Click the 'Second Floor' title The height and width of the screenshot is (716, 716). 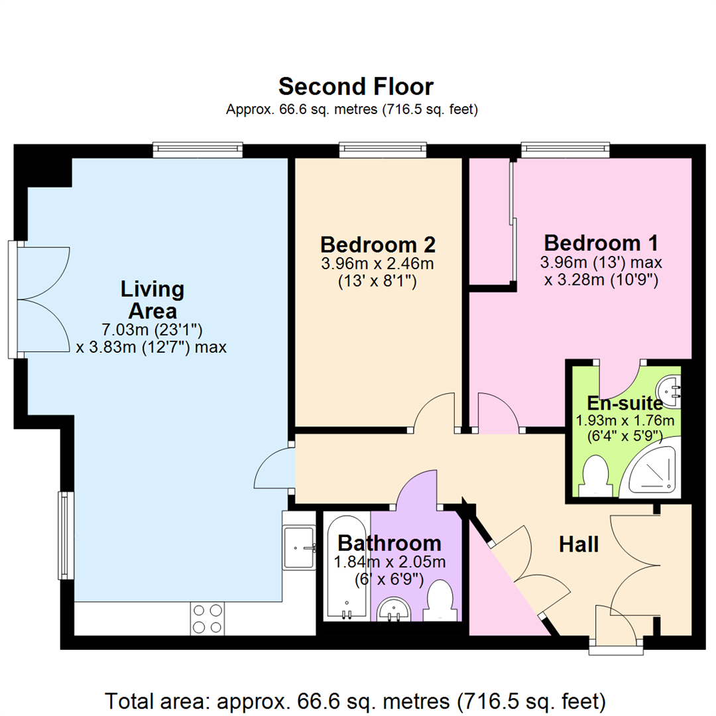[356, 87]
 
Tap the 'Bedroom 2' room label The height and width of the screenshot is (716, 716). [377, 244]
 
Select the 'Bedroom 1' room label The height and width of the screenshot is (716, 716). [601, 241]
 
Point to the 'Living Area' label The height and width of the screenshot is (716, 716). [152, 300]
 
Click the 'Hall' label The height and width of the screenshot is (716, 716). [579, 544]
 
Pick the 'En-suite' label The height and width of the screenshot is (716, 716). [624, 403]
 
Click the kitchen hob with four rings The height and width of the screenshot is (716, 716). [207, 618]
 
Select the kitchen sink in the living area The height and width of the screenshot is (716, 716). [299, 548]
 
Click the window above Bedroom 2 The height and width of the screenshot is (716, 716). [383, 150]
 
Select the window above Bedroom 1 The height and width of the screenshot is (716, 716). [565, 150]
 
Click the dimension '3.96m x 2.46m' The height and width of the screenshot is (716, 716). [377, 264]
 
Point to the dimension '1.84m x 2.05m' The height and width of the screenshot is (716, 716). [380, 563]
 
